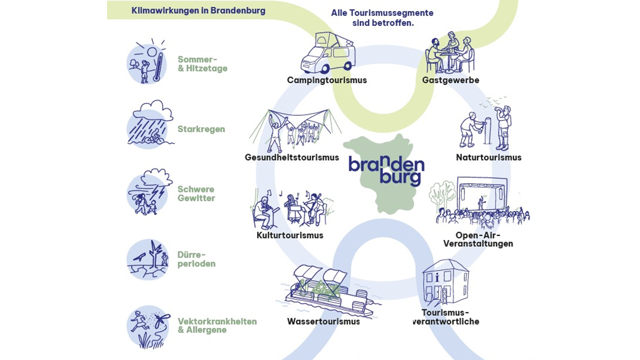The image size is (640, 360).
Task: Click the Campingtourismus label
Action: [326, 80]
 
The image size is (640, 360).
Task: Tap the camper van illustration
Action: [326, 54]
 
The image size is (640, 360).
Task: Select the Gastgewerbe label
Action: [450, 80]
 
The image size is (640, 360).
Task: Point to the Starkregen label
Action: [201, 129]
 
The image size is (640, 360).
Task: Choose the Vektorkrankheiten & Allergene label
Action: [217, 325]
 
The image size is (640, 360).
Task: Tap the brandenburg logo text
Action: [386, 170]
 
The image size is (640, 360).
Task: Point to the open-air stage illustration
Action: [481, 200]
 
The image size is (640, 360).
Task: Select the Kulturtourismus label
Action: [290, 235]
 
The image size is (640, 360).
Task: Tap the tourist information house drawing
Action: [445, 283]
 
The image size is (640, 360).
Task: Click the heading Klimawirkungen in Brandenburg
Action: [198, 10]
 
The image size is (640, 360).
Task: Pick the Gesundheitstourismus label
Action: [292, 157]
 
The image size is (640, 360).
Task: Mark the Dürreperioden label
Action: [196, 259]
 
